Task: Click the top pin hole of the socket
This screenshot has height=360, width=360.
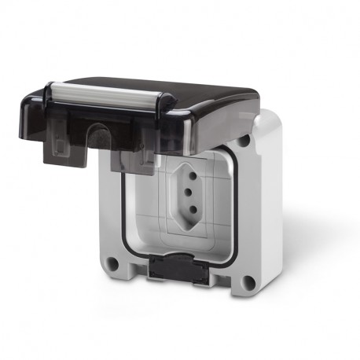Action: point(189,172)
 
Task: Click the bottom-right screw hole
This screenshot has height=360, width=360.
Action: point(249,284)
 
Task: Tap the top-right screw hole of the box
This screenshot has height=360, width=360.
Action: point(245,142)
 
